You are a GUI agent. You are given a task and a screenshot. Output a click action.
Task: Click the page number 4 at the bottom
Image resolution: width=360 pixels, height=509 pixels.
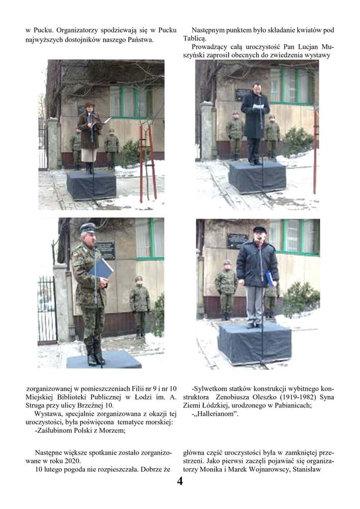click(180, 481)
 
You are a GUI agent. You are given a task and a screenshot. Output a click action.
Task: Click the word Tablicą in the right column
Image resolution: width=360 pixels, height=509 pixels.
click(194, 39)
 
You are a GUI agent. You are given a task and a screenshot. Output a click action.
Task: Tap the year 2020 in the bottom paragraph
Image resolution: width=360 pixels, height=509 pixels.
click(73, 461)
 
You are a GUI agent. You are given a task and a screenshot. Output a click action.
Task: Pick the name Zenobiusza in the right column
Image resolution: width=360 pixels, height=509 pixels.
click(232, 397)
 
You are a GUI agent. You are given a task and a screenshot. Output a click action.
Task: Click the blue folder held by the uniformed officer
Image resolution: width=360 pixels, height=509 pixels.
click(100, 269)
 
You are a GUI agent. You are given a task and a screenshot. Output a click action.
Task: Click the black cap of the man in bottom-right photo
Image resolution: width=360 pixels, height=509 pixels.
click(260, 230)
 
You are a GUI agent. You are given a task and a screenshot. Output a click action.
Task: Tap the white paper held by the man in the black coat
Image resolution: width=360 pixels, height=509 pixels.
click(259, 106)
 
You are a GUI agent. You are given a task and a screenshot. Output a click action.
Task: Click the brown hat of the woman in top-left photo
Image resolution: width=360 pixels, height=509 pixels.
click(90, 104)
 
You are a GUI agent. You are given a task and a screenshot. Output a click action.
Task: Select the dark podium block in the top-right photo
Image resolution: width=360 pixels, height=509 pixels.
click(257, 177)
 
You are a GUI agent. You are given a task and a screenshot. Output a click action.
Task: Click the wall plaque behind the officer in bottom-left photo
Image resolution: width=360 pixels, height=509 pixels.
click(106, 251)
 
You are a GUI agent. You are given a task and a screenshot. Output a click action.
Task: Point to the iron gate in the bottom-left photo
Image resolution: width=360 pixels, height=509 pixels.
click(47, 310)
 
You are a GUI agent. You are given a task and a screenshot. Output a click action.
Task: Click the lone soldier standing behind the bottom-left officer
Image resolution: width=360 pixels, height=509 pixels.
click(140, 306)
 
